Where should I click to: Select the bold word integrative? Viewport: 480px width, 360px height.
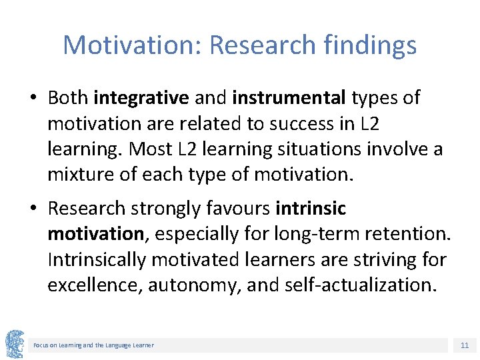[141, 98]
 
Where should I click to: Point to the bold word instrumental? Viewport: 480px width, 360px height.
[289, 98]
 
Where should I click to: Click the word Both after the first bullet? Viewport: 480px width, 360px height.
[68, 98]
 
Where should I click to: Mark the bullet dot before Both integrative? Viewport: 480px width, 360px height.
[33, 99]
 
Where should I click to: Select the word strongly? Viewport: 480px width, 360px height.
[169, 209]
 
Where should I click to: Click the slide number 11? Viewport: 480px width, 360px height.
[464, 345]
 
